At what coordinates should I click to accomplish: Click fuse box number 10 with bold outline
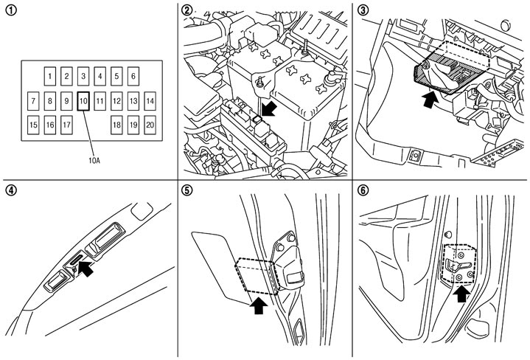[83, 100]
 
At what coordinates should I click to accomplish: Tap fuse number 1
[49, 75]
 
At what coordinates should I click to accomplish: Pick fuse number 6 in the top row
[133, 75]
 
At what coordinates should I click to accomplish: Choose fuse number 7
[33, 100]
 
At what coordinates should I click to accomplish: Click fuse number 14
[150, 100]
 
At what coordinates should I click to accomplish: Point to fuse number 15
[33, 124]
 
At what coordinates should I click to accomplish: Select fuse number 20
[150, 124]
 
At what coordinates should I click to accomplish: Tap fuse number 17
[66, 124]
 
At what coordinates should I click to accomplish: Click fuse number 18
[116, 124]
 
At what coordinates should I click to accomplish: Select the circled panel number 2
[187, 10]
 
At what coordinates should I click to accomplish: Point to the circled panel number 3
[364, 10]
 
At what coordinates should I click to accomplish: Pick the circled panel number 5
[187, 190]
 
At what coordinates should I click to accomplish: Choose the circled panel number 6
[364, 190]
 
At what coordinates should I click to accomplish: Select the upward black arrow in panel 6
[461, 296]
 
